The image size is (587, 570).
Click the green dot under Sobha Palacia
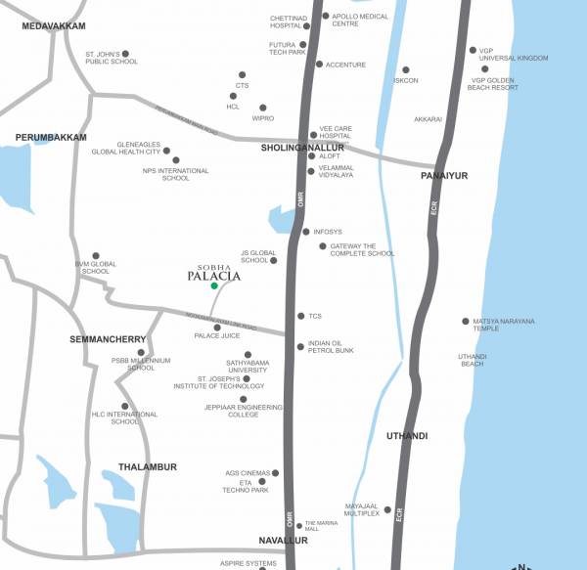pyautogui.click(x=214, y=285)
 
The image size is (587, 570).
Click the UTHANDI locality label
pyautogui.click(x=407, y=434)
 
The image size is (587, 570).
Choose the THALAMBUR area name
pyautogui.click(x=148, y=467)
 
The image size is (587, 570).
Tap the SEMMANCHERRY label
pyautogui.click(x=108, y=339)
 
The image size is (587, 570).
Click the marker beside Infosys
pyautogui.click(x=306, y=232)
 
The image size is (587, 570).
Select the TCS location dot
pyautogui.click(x=301, y=316)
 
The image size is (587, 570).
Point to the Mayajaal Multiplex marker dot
pyautogui.click(x=387, y=509)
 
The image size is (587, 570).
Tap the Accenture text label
pyautogui.click(x=346, y=65)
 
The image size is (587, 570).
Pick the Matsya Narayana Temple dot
pyautogui.click(x=465, y=321)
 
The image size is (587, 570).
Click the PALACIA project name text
pyautogui.click(x=213, y=275)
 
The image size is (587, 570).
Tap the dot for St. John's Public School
pyautogui.click(x=124, y=54)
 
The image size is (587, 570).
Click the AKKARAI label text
pyautogui.click(x=429, y=118)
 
